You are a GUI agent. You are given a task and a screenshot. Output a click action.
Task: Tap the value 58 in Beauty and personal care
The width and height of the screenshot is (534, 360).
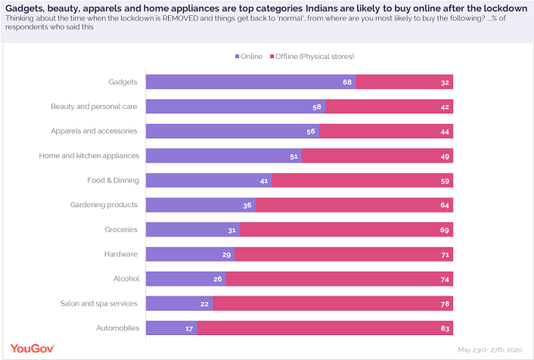(317, 107)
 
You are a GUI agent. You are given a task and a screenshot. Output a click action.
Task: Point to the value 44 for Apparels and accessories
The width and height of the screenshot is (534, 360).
(445, 131)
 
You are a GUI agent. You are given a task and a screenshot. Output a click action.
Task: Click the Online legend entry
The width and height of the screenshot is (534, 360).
(249, 56)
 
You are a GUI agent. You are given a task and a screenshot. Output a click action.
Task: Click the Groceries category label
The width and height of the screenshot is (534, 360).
(122, 229)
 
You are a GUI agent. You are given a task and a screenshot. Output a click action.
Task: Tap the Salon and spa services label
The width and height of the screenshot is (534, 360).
(99, 303)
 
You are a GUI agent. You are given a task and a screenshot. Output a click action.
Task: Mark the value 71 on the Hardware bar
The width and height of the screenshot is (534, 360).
(445, 254)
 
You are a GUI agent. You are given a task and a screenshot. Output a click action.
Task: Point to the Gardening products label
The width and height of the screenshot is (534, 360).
(104, 205)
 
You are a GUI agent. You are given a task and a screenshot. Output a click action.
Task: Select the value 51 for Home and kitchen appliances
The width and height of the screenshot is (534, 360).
(295, 156)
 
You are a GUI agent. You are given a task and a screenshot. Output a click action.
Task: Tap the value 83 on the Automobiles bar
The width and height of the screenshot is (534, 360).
(445, 327)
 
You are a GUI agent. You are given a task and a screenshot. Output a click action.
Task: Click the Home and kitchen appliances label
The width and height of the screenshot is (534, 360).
(89, 155)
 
